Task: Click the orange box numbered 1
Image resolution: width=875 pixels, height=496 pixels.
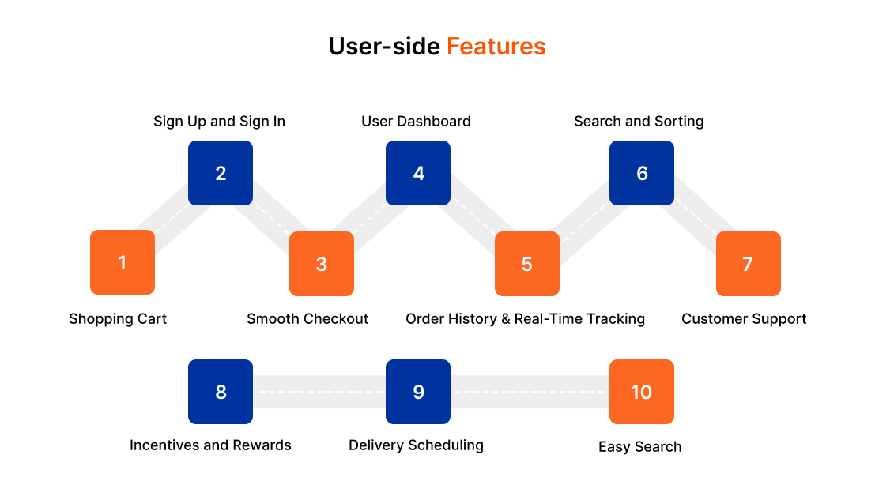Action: coord(123,262)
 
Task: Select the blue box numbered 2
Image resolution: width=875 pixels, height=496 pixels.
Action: coord(221,173)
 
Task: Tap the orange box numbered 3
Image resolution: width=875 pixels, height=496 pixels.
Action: coord(322,264)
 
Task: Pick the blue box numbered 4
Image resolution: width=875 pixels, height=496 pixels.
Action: coord(418,173)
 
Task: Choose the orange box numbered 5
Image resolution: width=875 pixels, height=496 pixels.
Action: coord(527,264)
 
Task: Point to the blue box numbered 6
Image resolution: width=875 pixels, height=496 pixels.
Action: coord(642,173)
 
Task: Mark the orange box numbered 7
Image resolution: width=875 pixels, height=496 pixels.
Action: coord(748,264)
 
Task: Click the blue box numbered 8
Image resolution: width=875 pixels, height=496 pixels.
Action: coord(221,392)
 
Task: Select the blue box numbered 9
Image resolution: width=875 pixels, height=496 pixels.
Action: coord(418,392)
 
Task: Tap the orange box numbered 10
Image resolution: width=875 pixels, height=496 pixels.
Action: coord(642,392)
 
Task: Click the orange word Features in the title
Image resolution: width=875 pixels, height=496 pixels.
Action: coord(496,47)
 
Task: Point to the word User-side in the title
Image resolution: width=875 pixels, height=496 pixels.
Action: coord(384,47)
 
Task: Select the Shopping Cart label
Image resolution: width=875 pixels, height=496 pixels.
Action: coord(118,319)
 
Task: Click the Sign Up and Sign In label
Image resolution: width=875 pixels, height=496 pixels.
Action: coord(219,122)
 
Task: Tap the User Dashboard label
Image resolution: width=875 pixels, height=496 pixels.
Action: coord(416,122)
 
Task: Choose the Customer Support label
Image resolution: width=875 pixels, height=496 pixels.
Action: coord(744,319)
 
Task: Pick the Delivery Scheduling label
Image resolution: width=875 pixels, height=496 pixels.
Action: coord(416,445)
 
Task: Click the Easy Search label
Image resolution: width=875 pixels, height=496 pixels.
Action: coord(639,447)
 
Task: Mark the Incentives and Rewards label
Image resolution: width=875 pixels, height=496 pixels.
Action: coord(210,445)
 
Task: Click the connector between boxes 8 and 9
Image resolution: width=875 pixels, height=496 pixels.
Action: coord(319,392)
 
